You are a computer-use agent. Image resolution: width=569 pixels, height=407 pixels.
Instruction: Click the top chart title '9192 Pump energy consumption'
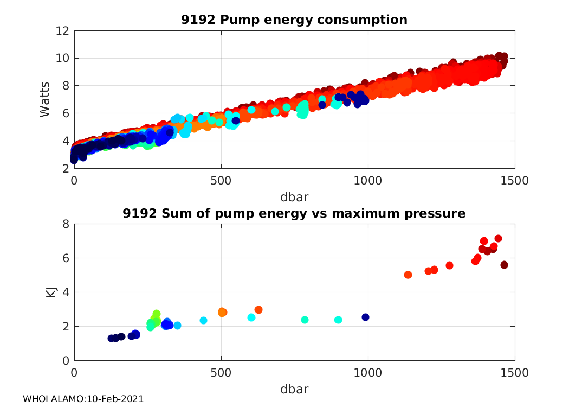tap(294, 20)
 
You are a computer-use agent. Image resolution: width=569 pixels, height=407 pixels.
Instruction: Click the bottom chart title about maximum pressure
tap(294, 214)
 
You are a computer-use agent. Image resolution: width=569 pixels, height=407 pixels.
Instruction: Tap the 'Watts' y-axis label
tap(46, 99)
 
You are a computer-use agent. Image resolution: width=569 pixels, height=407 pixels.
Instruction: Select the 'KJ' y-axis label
tap(51, 292)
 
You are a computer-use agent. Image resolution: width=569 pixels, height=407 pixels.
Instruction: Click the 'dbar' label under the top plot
tap(294, 196)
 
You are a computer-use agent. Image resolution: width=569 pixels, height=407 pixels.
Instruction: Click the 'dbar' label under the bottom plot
tap(294, 389)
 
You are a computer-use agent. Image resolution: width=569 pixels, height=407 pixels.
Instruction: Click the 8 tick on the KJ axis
tap(65, 224)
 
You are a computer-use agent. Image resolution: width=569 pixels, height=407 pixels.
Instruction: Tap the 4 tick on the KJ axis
tap(65, 292)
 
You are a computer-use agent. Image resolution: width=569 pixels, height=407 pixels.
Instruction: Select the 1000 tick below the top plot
tap(368, 180)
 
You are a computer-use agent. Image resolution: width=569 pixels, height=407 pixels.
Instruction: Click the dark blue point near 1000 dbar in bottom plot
tap(365, 317)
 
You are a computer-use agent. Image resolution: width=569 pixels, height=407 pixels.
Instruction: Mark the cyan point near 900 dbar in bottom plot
tap(338, 320)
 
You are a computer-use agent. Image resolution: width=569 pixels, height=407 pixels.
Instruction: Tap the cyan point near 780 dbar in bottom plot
tap(305, 320)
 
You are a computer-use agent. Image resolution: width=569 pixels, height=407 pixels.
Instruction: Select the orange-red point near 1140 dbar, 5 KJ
tap(408, 275)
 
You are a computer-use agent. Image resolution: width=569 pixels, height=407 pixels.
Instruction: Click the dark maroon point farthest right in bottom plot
tap(504, 265)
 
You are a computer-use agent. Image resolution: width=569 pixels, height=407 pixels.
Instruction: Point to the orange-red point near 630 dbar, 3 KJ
tap(258, 310)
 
